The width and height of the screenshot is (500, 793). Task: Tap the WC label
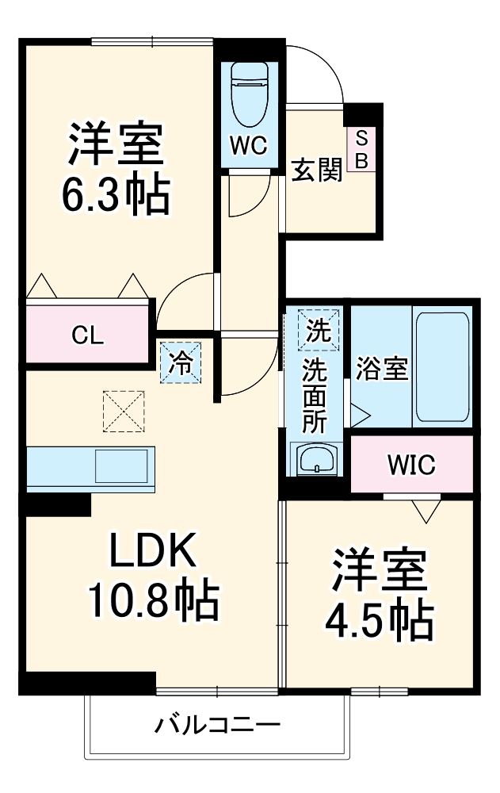[x=249, y=146]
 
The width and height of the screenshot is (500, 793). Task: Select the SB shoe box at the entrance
[x=361, y=149]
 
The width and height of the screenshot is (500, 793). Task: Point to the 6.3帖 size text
[x=116, y=193]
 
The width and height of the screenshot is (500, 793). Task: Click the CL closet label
[x=87, y=335]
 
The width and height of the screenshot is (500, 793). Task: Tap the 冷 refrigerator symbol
[x=181, y=362]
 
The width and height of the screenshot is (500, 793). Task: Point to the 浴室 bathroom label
[x=382, y=369]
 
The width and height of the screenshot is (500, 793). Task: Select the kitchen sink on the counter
[x=121, y=465]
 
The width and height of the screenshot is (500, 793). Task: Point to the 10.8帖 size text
[x=152, y=603]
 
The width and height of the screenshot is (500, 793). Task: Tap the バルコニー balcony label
[x=216, y=725]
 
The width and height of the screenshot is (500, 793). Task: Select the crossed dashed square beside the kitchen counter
[x=123, y=409]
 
